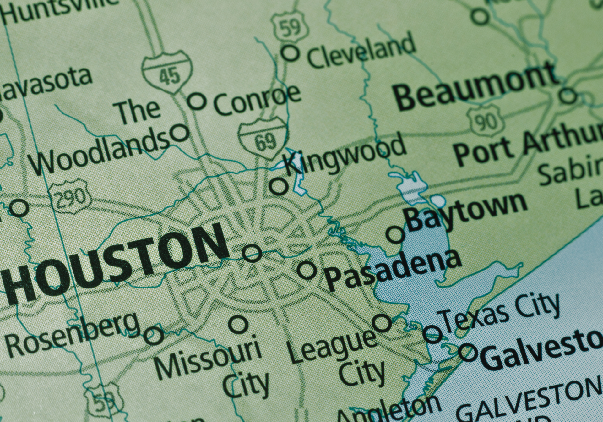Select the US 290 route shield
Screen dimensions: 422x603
(70, 197)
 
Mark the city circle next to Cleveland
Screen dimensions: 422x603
(290, 53)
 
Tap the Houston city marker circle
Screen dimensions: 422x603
(252, 253)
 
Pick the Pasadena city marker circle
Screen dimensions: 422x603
(307, 270)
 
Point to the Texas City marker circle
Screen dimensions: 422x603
(433, 334)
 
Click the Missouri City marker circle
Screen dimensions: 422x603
(238, 324)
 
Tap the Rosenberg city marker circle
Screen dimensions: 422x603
(154, 335)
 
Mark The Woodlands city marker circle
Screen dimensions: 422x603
(180, 133)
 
